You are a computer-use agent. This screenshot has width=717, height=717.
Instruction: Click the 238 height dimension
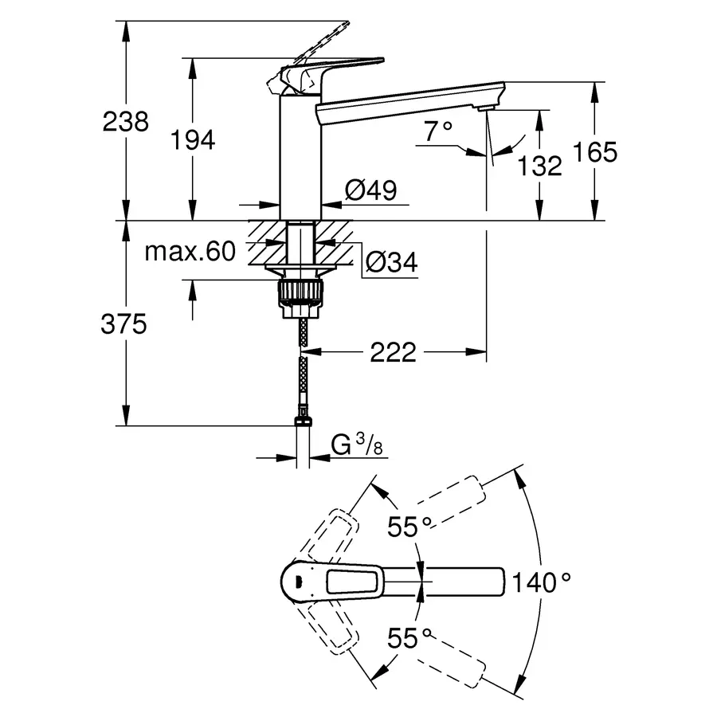pos(126,122)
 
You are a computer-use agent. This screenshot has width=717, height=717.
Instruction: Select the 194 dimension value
pos(193,140)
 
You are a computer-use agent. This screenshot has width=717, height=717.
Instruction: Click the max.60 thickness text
pos(190,252)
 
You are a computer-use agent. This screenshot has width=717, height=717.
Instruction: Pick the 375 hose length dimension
pos(125,324)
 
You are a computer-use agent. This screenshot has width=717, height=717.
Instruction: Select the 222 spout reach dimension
pos(393,351)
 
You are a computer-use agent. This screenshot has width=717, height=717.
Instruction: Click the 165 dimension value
pos(595,152)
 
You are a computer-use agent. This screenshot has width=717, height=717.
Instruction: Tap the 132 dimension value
pos(539,166)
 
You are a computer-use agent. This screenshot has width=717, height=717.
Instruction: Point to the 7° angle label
pos(437,131)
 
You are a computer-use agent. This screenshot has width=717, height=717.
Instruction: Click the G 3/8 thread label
pos(356,445)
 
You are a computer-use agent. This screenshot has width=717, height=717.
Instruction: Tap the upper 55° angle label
pos(409,526)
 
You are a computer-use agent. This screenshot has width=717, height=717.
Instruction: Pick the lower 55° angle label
pos(409,637)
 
